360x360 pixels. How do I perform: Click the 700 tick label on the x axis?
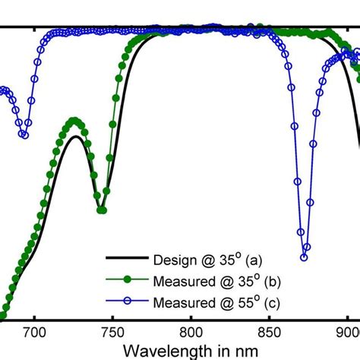pos(34,331)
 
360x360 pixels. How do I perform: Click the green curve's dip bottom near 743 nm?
pos(102,210)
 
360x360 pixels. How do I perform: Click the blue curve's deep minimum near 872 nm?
pos(304,257)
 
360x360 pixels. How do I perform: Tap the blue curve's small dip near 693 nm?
pos(24,135)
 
